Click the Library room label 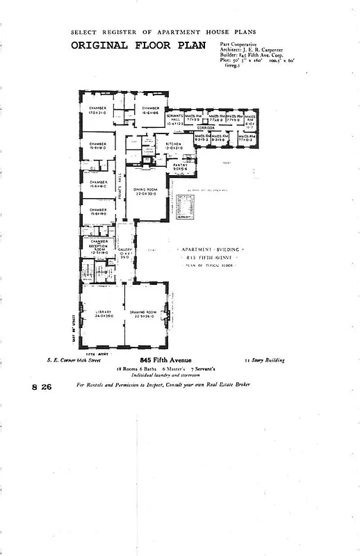point(103,313)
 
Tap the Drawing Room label point(146,313)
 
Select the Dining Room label point(146,192)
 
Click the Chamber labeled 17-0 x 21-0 point(97,111)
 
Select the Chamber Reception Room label point(97,247)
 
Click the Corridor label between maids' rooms point(206,129)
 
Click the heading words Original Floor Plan point(129,46)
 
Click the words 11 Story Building point(265,360)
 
